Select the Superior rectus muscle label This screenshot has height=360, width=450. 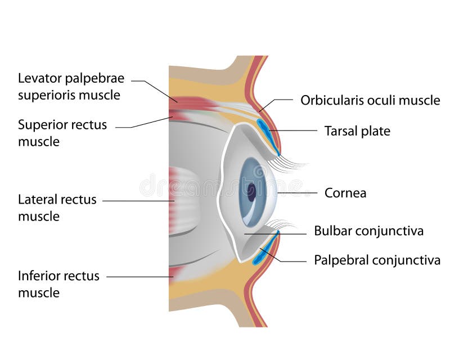click(x=62, y=133)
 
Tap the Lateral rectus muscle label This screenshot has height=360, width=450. click(x=57, y=208)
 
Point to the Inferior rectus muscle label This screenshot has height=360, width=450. click(x=58, y=284)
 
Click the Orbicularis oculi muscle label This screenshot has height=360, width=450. click(x=370, y=101)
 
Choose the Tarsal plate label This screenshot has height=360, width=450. click(x=357, y=131)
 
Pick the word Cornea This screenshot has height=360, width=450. click(x=345, y=193)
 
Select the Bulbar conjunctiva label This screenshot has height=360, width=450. click(x=368, y=231)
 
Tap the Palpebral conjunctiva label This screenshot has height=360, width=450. click(x=376, y=260)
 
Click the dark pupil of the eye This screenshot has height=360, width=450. click(x=251, y=192)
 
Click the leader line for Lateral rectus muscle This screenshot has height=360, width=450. click(x=138, y=200)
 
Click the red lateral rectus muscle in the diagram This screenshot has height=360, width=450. click(x=183, y=201)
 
